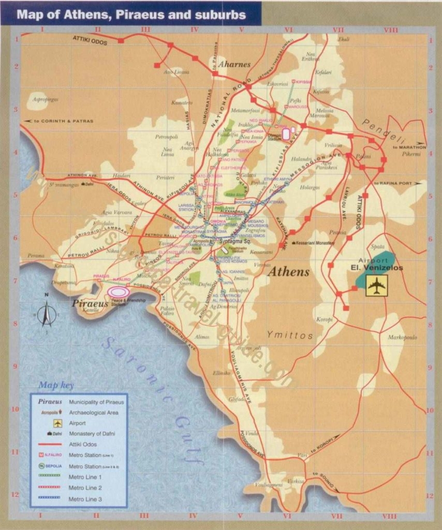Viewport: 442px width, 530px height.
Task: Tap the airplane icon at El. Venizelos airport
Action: tap(377, 286)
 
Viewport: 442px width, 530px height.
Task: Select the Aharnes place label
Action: tap(234, 65)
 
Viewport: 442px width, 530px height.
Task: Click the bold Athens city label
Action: tap(289, 272)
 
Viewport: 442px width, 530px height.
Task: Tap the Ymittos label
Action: tap(290, 335)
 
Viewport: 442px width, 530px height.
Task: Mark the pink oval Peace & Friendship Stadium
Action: tap(119, 293)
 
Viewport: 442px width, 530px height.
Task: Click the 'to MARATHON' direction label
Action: tap(409, 147)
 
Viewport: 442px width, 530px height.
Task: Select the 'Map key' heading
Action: tap(56, 386)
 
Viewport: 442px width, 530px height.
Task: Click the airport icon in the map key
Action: tap(57, 423)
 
